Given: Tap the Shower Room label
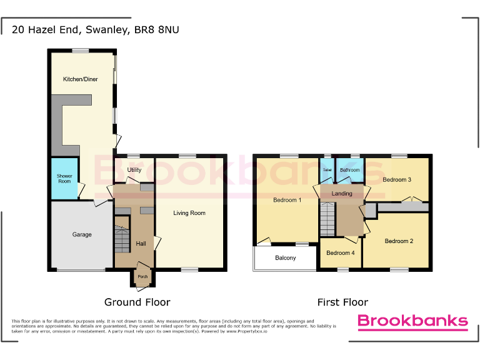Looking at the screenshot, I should click(x=64, y=179).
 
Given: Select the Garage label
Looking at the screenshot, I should click(x=82, y=235).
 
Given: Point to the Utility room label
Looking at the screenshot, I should click(x=134, y=170).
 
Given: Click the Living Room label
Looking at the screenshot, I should click(x=189, y=213).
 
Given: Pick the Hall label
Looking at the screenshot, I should click(x=141, y=243).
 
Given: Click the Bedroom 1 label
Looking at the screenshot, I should click(x=287, y=200).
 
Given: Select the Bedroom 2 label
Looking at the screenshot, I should click(x=399, y=241).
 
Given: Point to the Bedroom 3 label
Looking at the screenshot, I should click(x=397, y=180).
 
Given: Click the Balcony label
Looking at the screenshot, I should click(x=286, y=257).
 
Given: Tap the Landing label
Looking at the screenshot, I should click(x=342, y=194).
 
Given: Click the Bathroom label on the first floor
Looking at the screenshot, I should click(x=349, y=170).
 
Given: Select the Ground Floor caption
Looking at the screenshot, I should click(x=137, y=302).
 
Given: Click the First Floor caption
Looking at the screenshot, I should click(x=342, y=302).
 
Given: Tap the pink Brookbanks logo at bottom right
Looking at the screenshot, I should click(x=412, y=322).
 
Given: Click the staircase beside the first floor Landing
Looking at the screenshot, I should click(x=327, y=219).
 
